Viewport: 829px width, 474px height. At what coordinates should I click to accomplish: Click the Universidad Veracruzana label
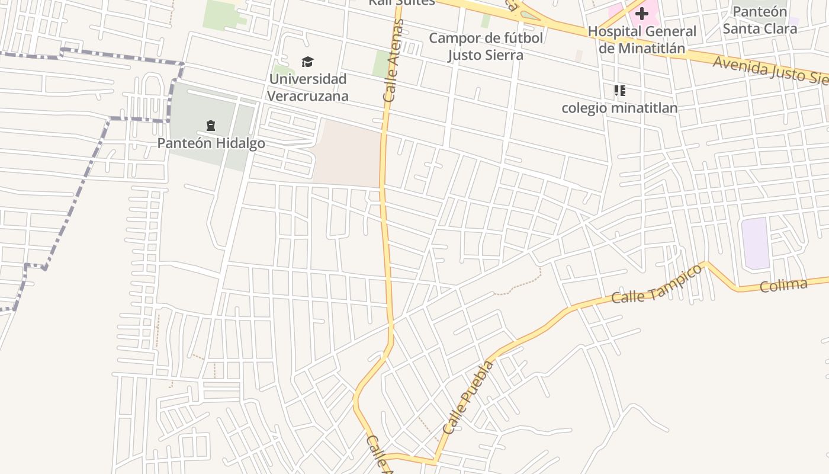[307, 87]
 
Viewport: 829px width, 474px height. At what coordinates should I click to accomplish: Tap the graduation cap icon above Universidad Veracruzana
[307, 62]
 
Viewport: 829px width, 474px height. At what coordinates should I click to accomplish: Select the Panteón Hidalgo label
[211, 143]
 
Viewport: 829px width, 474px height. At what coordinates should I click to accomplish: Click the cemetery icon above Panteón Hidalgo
[211, 126]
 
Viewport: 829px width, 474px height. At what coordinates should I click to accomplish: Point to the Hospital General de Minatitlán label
[642, 40]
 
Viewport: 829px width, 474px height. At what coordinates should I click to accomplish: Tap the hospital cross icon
[642, 13]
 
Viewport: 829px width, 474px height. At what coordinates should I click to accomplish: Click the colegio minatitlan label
[619, 108]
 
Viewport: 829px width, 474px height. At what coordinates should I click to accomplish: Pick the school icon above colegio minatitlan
[619, 91]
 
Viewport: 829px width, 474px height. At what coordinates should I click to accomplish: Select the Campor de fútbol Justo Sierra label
[486, 47]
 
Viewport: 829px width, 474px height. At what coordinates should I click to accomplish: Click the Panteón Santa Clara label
[760, 20]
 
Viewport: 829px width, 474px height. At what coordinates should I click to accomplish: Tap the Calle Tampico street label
[657, 284]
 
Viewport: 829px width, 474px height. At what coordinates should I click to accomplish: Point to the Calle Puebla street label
[468, 397]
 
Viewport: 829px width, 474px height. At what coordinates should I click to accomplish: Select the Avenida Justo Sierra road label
[770, 71]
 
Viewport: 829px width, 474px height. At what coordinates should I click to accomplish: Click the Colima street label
[783, 285]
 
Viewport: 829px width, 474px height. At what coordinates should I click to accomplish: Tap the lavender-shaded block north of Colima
[756, 243]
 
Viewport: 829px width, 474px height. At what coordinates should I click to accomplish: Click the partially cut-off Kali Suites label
[401, 2]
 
